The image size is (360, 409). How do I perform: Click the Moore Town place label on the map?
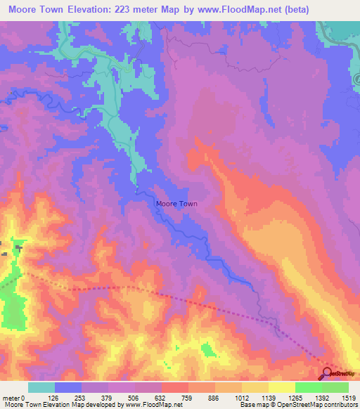[x=176, y=204]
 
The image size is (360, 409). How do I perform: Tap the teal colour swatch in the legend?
[x=41, y=387]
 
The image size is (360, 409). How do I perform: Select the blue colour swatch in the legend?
[x=68, y=387]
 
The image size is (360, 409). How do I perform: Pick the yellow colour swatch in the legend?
[x=281, y=387]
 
